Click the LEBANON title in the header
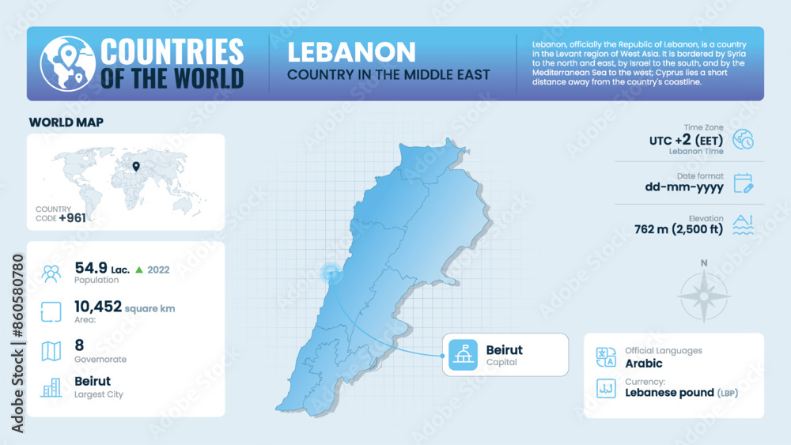coord(351,52)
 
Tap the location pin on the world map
coord(136,167)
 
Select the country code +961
coord(72,217)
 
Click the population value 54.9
coord(90,267)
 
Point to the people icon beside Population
coord(51,273)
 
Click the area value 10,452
coord(98,307)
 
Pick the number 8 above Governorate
coord(79,345)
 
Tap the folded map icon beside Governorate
coord(51,351)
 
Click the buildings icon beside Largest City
coord(51,387)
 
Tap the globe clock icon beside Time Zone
coord(744,139)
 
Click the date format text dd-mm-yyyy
coord(683,187)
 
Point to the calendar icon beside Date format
coord(744,183)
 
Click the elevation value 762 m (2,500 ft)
coord(679,230)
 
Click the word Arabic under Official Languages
coord(643,364)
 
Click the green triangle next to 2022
coord(139,270)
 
